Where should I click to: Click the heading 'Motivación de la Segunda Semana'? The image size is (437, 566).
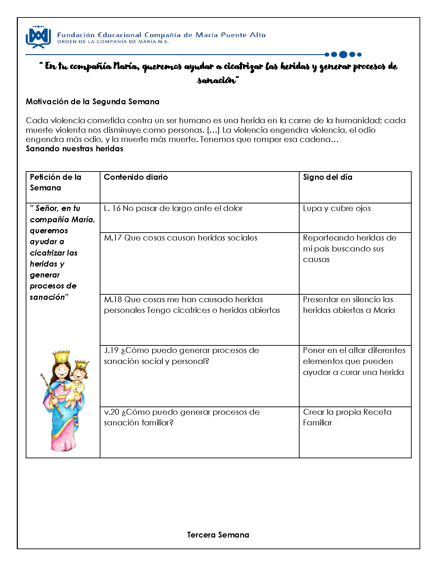click(x=93, y=102)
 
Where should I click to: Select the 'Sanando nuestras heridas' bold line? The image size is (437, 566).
click(x=74, y=149)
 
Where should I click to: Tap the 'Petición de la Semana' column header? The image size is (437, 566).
click(x=56, y=182)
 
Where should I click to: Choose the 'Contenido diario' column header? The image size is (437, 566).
click(x=136, y=177)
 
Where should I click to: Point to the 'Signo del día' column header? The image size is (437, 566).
click(x=327, y=177)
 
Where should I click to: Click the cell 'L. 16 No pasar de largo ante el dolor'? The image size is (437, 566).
click(x=173, y=208)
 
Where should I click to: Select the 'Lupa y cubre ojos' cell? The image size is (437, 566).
click(x=337, y=208)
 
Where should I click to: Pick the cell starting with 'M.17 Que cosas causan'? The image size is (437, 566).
click(x=180, y=238)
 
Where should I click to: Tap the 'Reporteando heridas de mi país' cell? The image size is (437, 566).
click(x=349, y=248)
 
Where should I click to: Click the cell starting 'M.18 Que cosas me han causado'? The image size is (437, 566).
click(x=192, y=305)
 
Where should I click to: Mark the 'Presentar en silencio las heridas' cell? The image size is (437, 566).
click(x=349, y=305)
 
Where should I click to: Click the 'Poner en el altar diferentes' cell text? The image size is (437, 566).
click(x=354, y=361)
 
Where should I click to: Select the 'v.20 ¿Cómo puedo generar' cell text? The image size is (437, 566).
click(x=182, y=417)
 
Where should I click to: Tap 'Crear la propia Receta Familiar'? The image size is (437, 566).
click(x=347, y=417)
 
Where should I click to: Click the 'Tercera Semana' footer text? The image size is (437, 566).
click(x=218, y=535)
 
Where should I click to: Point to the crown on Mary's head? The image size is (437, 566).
click(x=62, y=357)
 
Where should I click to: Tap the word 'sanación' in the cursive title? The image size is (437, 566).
click(x=217, y=80)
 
